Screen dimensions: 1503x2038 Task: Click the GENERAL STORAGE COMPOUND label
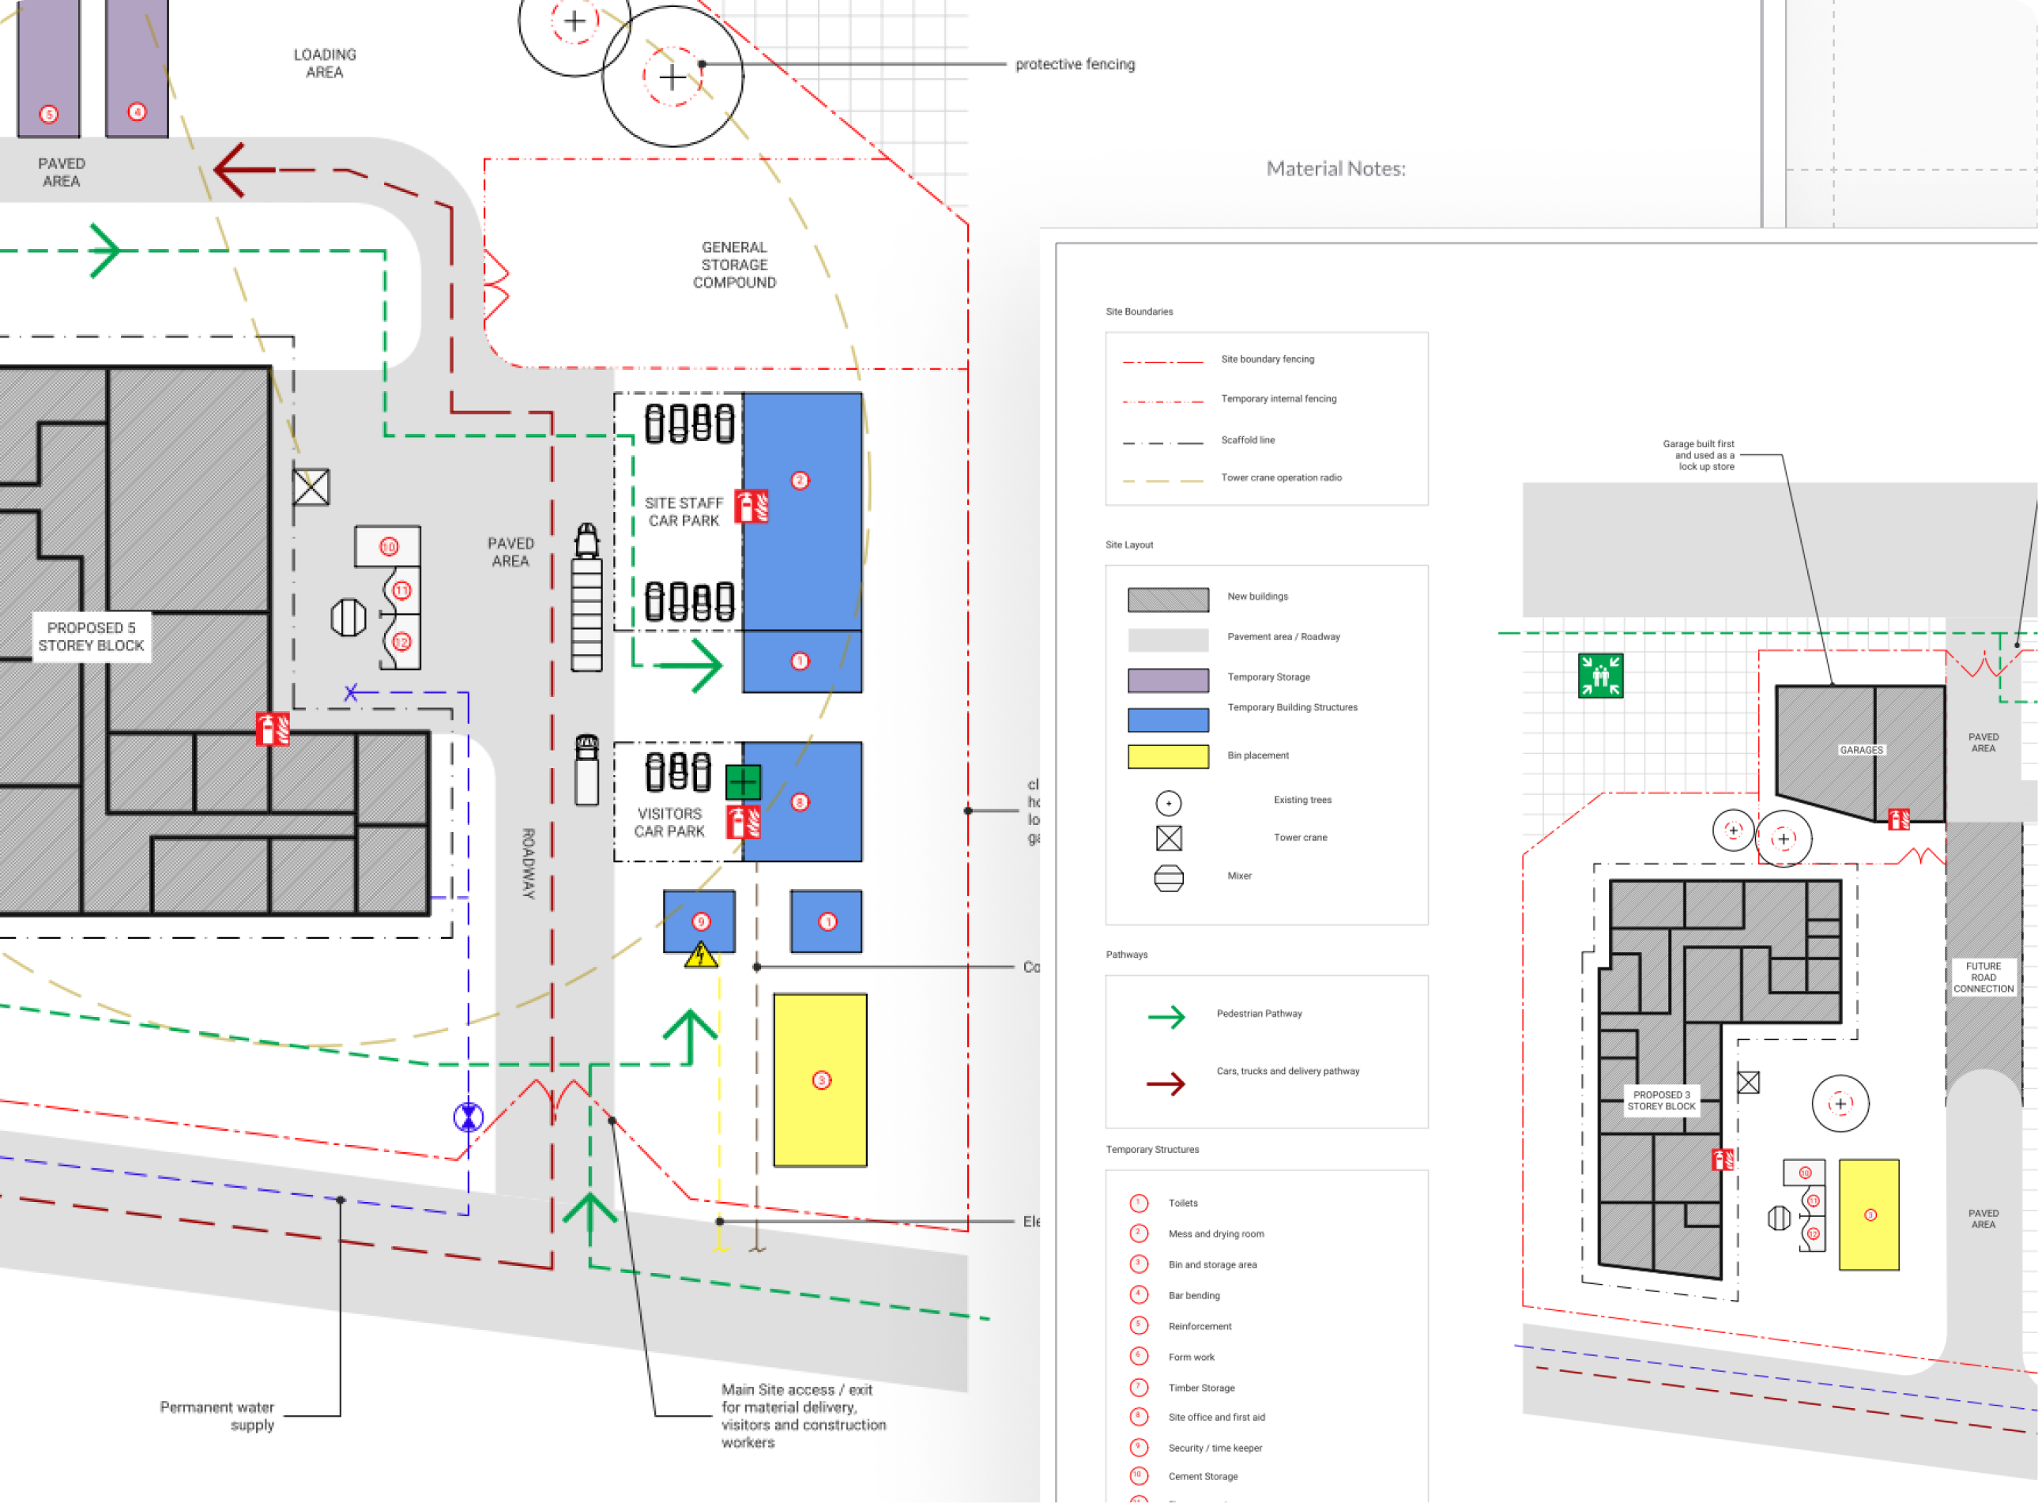pyautogui.click(x=734, y=265)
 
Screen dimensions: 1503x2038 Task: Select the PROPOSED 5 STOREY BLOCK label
pyautogui.click(x=91, y=637)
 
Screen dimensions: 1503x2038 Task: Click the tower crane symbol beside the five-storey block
pyautogui.click(x=311, y=488)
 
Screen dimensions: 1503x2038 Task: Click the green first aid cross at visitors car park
pyautogui.click(x=742, y=782)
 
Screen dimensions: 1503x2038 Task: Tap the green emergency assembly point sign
pyautogui.click(x=1599, y=676)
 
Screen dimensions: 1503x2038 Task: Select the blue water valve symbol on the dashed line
pyautogui.click(x=469, y=1117)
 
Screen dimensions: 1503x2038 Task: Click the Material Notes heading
pyautogui.click(x=1335, y=169)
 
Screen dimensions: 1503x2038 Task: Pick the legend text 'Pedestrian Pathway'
pyautogui.click(x=1259, y=1014)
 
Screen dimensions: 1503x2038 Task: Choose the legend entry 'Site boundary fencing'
pyautogui.click(x=1268, y=360)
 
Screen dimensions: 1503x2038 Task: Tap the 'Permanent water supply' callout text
pyautogui.click(x=218, y=1415)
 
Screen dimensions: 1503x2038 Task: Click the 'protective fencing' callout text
pyautogui.click(x=1075, y=65)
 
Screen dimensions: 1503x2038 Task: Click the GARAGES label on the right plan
pyautogui.click(x=1860, y=751)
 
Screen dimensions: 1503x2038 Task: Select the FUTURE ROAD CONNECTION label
pyautogui.click(x=1983, y=978)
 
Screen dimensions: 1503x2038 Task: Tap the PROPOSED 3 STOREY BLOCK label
pyautogui.click(x=1661, y=1101)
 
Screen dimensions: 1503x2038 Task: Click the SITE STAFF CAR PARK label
pyautogui.click(x=684, y=512)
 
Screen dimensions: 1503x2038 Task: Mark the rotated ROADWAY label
pyautogui.click(x=529, y=864)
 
